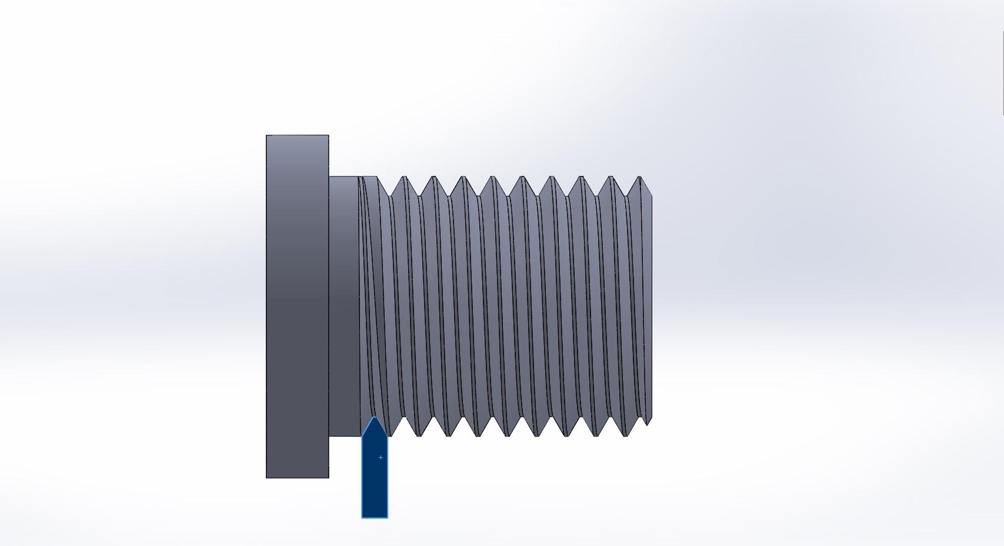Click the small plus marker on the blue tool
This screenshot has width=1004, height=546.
coord(381,457)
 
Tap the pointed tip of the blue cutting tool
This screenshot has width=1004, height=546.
coord(375,418)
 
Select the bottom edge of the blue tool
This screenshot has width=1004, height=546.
coord(375,518)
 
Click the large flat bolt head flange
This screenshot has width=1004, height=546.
coord(297,306)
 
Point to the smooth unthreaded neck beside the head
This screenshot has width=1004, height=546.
coord(344,306)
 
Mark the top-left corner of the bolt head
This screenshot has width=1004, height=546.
coord(266,135)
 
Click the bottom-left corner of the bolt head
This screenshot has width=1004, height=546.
coord(266,478)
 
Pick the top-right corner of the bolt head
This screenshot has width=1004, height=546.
coord(328,135)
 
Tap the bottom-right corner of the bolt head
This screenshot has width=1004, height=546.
coord(328,478)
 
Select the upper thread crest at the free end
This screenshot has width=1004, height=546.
coord(640,177)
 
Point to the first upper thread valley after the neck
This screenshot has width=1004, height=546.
coord(389,195)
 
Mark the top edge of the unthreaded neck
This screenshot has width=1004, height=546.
coord(344,177)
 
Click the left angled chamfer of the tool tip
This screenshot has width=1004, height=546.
coord(368,428)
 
